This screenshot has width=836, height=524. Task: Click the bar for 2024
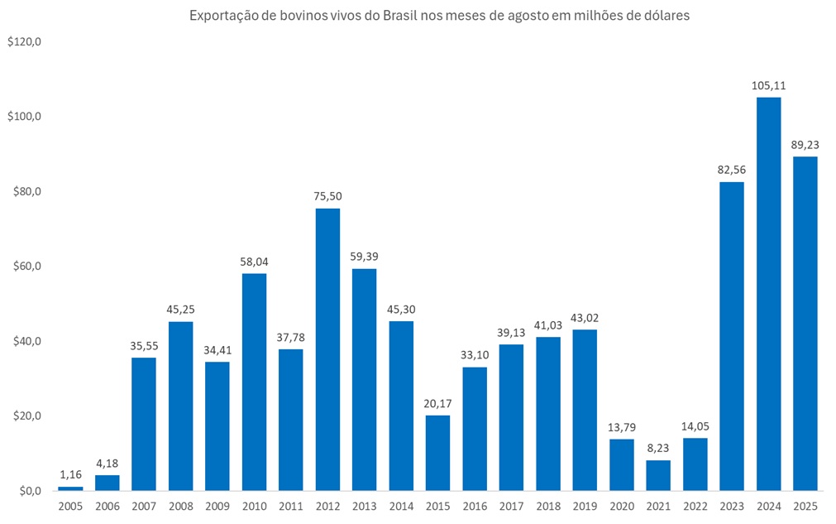point(768,294)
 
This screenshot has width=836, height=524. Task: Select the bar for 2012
point(327,349)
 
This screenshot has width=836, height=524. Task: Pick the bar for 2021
point(658,475)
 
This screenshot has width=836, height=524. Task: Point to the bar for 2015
point(438,453)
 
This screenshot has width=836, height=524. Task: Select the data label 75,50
point(327,196)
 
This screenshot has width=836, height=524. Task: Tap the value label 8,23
point(658,448)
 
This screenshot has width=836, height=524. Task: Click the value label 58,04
point(254,262)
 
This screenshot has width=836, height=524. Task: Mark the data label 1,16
point(70,474)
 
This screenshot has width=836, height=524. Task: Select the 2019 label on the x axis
point(585,505)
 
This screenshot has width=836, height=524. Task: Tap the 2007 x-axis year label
point(144,505)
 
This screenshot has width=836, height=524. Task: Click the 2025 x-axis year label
point(805,505)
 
